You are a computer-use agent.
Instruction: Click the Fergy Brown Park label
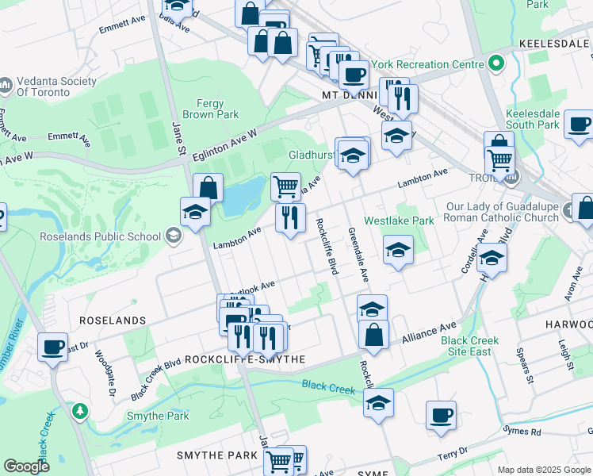pyautogui.click(x=216, y=109)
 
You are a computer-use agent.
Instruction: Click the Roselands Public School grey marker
pyautogui.click(x=174, y=236)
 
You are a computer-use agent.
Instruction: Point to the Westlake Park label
pyautogui.click(x=399, y=221)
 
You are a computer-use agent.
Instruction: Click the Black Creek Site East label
pyautogui.click(x=470, y=346)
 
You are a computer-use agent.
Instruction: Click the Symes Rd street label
pyautogui.click(x=525, y=432)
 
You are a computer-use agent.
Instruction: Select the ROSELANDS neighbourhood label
pyautogui.click(x=112, y=321)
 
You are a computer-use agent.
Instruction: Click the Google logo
pyautogui.click(x=27, y=466)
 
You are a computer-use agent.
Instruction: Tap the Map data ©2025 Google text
pyautogui.click(x=543, y=469)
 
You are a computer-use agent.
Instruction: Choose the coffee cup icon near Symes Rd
pyautogui.click(x=441, y=415)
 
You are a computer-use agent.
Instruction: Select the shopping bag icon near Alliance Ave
pyautogui.click(x=373, y=334)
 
